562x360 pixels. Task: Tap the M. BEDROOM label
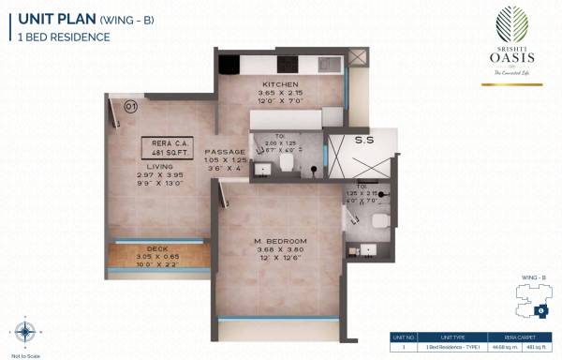click(x=279, y=241)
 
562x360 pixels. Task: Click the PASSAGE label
click(x=226, y=152)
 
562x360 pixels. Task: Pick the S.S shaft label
click(x=365, y=141)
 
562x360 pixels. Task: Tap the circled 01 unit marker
click(x=130, y=107)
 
